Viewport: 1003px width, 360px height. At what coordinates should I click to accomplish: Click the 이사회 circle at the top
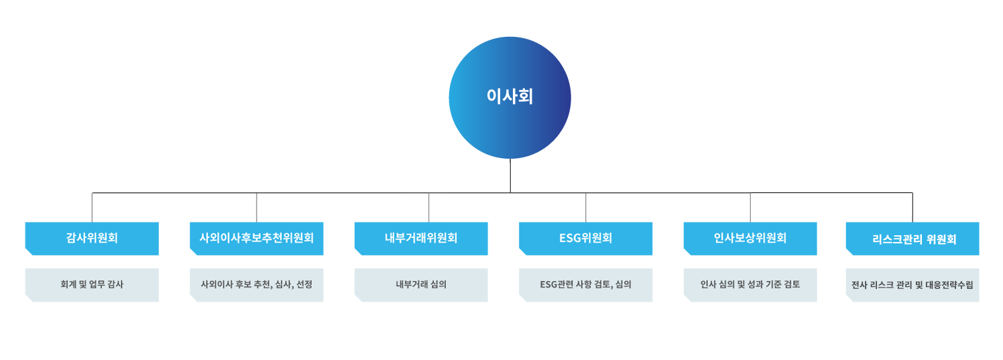tap(510, 98)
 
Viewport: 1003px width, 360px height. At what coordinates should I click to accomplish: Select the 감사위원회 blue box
tap(92, 238)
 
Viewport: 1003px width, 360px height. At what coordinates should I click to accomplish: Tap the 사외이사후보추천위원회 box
tap(256, 238)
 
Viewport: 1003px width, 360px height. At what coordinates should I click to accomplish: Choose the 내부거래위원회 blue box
tap(421, 238)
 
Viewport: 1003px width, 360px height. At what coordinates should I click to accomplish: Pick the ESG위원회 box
tap(585, 238)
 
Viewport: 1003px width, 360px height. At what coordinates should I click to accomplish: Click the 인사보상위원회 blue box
tap(750, 238)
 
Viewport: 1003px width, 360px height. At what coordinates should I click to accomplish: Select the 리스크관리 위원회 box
tap(912, 239)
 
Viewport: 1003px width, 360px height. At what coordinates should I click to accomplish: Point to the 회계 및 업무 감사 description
tap(92, 285)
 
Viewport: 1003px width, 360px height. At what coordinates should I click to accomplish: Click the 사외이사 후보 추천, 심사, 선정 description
tap(256, 285)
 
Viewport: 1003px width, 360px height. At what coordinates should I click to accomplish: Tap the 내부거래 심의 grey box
tap(421, 285)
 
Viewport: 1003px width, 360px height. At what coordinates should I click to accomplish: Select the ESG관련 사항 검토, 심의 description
tap(585, 285)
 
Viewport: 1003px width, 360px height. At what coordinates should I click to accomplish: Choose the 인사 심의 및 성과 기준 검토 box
tap(750, 285)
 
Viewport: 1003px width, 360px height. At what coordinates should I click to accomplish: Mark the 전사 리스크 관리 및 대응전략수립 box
tap(912, 285)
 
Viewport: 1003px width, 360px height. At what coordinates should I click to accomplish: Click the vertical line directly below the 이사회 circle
tap(510, 176)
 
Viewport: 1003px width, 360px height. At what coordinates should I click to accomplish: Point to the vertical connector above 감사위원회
tap(93, 207)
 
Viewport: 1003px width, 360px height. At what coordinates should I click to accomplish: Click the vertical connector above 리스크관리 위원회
tap(912, 207)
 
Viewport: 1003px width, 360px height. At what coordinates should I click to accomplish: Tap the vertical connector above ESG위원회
tap(586, 207)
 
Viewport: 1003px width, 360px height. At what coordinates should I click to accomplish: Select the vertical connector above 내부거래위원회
tap(429, 207)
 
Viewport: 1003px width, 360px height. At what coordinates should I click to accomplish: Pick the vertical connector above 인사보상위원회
tap(750, 207)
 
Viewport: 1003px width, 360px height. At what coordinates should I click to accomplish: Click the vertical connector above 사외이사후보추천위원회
tap(257, 207)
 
